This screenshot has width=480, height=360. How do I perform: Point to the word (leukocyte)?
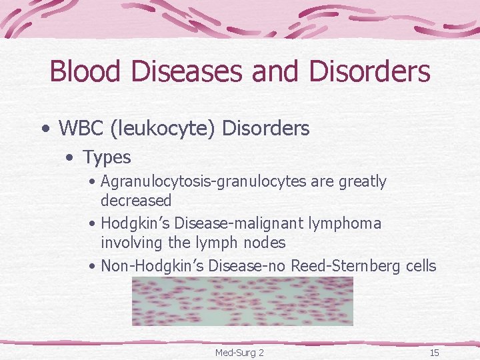[x=162, y=128]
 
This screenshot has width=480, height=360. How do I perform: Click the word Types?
[x=107, y=157]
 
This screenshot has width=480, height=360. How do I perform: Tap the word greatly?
[x=362, y=181]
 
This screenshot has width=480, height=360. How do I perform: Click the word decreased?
[x=136, y=200]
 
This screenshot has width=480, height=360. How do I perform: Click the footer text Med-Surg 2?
[x=239, y=352]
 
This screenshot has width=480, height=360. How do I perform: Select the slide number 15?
[x=434, y=352]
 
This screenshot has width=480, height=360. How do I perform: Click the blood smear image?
[x=242, y=301]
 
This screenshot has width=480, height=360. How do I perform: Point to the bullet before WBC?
[x=45, y=129]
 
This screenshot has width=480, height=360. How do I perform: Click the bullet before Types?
[x=70, y=158]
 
